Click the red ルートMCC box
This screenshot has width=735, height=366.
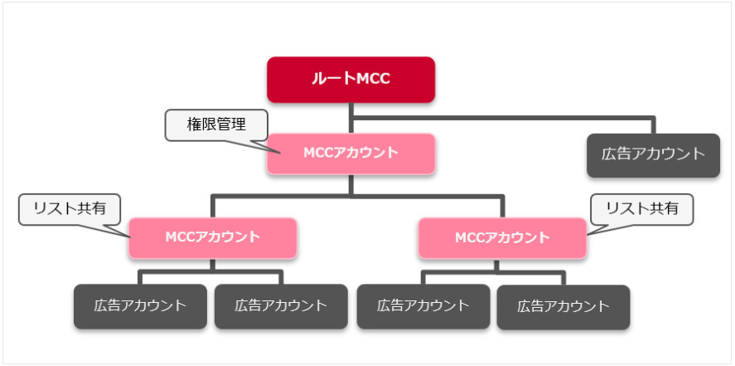[351, 80]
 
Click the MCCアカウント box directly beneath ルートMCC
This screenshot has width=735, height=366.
[351, 153]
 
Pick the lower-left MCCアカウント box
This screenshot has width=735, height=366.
[212, 237]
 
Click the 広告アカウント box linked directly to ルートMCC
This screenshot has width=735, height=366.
[647, 154]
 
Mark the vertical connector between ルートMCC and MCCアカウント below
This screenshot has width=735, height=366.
[351, 117]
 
